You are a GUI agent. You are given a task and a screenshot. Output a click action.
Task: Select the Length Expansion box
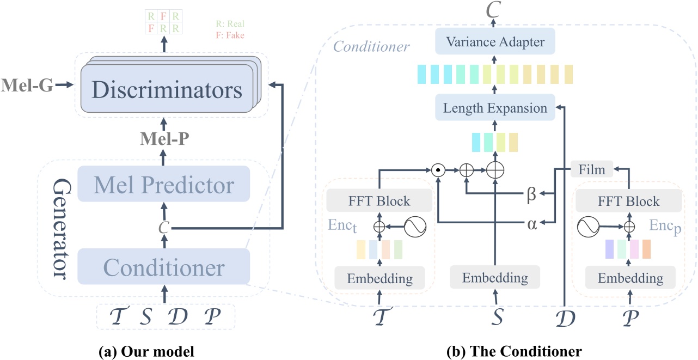pos(494,108)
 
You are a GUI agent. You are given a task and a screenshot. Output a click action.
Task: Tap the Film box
pos(592,169)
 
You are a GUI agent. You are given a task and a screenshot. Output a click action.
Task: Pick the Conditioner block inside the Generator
pos(163,267)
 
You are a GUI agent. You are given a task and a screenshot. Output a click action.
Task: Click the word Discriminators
pos(167,90)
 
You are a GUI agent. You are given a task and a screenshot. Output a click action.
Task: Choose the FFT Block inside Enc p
pos(625,202)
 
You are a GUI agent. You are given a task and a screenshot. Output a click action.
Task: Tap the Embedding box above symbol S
pos(494,277)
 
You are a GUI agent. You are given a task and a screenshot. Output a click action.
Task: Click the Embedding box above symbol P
pos(630,278)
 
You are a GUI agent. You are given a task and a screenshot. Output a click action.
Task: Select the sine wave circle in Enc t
pos(415,224)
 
